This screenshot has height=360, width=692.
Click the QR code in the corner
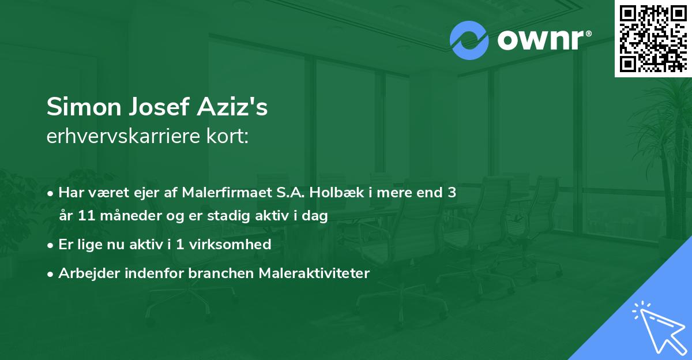653,39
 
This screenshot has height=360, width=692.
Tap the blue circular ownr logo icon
469,40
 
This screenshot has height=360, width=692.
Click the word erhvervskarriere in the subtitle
120,137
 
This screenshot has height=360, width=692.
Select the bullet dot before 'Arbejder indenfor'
51,273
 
